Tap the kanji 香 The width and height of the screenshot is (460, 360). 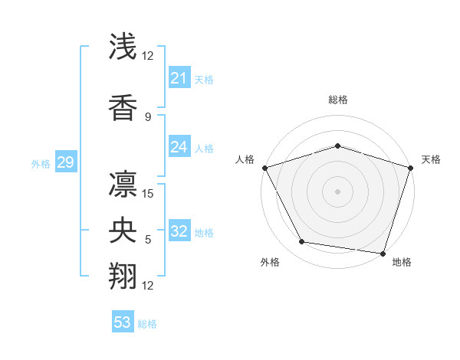tap(123, 107)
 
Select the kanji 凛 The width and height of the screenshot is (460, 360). tap(123, 182)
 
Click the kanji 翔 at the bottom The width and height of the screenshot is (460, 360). tap(123, 275)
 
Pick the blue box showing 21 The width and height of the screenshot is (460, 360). tap(179, 78)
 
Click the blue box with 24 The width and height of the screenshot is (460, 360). tap(179, 147)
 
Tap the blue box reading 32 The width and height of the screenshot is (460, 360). tap(179, 231)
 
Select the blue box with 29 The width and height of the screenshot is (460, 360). tap(65, 162)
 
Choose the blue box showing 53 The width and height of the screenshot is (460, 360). tap(123, 322)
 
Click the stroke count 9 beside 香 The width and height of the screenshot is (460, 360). tap(147, 116)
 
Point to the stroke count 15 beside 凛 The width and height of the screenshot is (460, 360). tap(149, 193)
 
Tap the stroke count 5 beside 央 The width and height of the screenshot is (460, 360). tap(147, 240)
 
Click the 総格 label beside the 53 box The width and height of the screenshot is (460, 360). tap(147, 323)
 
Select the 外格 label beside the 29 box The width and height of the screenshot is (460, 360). tap(40, 163)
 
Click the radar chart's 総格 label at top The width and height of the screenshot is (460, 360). tap(337, 100)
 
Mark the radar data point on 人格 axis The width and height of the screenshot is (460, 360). tap(264, 168)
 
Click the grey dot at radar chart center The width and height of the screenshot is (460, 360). tap(337, 191)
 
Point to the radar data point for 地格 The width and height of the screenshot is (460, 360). tap(383, 253)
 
